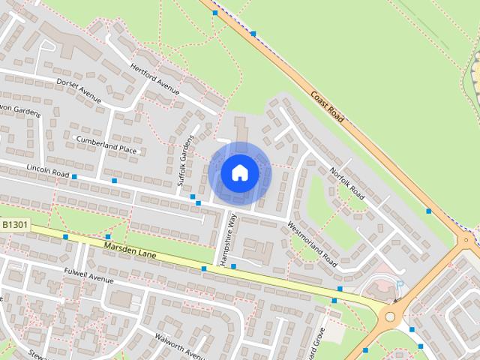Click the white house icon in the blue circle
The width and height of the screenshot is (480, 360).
239,172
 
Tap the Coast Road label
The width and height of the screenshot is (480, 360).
327,107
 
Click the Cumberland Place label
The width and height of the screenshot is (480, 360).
106,144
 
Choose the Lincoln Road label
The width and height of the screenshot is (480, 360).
47,169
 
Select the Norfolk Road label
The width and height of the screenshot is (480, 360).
346,183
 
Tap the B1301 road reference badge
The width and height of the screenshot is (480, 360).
15,224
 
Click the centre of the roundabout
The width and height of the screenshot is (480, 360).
390,316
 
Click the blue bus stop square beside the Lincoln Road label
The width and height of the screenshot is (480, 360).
73,176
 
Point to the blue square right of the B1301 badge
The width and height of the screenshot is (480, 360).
66,237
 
